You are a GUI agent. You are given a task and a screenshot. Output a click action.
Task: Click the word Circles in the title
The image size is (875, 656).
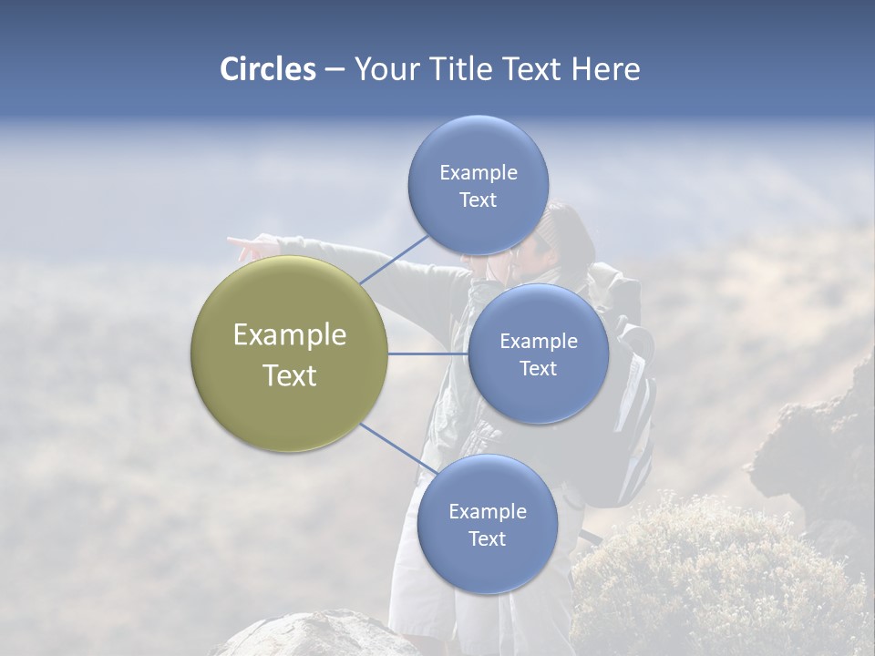click(267, 69)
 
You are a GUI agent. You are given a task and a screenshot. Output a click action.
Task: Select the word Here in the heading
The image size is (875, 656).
click(605, 69)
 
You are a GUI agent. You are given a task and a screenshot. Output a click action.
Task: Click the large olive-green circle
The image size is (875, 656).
click(290, 354)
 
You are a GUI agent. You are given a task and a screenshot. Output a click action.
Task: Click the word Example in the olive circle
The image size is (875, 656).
click(290, 334)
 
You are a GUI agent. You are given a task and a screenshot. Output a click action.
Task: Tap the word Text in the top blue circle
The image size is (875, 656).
click(478, 200)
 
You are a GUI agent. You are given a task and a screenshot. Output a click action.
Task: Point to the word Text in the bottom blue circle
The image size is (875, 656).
click(487, 538)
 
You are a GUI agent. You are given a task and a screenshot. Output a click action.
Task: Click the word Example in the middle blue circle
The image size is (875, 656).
click(539, 341)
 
